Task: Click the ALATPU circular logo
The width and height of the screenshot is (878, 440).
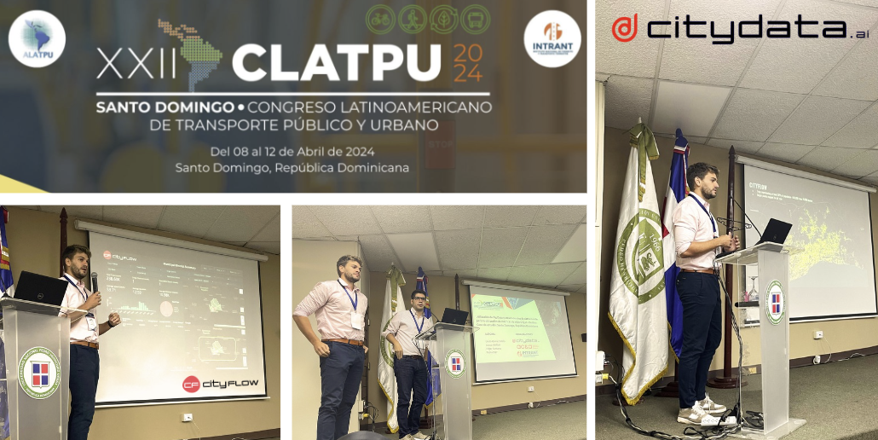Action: [37, 38]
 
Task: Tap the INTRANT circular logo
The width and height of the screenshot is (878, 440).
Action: [552, 38]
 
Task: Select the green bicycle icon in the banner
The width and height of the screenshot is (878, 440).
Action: [381, 19]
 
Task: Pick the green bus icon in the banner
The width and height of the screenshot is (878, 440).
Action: [475, 19]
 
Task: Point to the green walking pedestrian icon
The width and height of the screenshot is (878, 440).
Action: [413, 19]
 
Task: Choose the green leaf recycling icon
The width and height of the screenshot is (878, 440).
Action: [443, 19]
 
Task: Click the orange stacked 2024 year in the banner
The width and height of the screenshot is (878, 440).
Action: [467, 63]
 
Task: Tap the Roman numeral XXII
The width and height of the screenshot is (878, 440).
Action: [128, 63]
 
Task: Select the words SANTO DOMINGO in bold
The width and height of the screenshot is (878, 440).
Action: [165, 108]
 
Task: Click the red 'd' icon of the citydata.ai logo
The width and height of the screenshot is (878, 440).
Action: [624, 28]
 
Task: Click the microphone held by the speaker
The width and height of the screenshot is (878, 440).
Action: [94, 281]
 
